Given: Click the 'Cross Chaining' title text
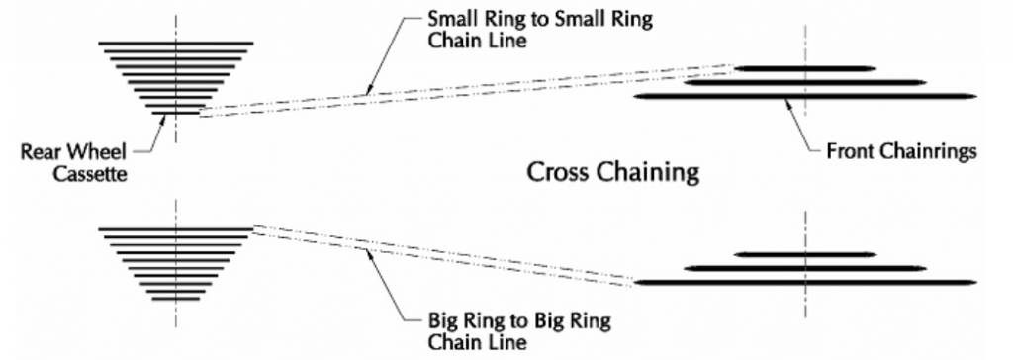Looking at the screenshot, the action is pos(613,172).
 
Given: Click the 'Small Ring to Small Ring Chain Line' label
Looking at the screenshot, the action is pos(539,29).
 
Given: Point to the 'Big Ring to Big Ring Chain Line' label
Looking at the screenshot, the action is pos(519,330).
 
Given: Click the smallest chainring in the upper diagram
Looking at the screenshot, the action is pos(805,68).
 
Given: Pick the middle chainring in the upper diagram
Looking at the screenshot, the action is pos(805,82).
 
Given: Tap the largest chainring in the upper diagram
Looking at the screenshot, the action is pos(805,96).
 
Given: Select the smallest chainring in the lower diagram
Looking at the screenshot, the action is pos(805,254).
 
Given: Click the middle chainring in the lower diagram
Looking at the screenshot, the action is pos(805,268).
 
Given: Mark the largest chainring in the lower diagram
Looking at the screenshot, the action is pos(805,283).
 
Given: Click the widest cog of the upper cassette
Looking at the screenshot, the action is pos(176,44).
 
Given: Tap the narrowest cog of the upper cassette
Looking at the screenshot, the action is pos(176,113).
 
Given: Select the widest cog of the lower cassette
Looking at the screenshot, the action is pos(176,228).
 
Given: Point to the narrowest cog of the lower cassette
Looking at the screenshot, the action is pos(176,299).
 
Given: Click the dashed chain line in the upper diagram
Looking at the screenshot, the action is pos(467,89).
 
